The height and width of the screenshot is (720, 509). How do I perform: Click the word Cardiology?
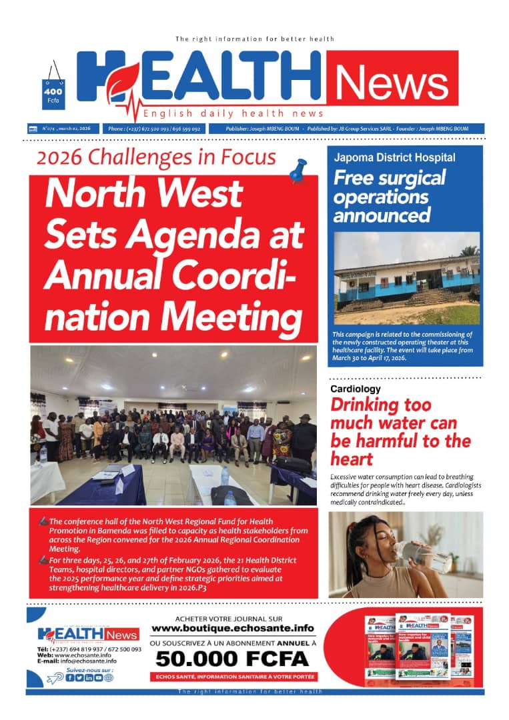pos(356,389)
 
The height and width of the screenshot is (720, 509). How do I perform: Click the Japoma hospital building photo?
pos(406,278)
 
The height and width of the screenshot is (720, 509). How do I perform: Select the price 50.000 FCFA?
pos(232,659)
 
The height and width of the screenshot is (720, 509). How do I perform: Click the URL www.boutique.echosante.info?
pos(232,628)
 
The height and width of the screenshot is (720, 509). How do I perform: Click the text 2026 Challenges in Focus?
pos(156,157)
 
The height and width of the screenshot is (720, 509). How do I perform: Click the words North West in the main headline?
pos(143,193)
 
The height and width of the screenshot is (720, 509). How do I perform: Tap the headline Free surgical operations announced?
pos(390,197)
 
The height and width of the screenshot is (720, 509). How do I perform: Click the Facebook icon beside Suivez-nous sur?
pos(69,677)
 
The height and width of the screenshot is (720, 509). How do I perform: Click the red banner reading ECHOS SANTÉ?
pos(232,677)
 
